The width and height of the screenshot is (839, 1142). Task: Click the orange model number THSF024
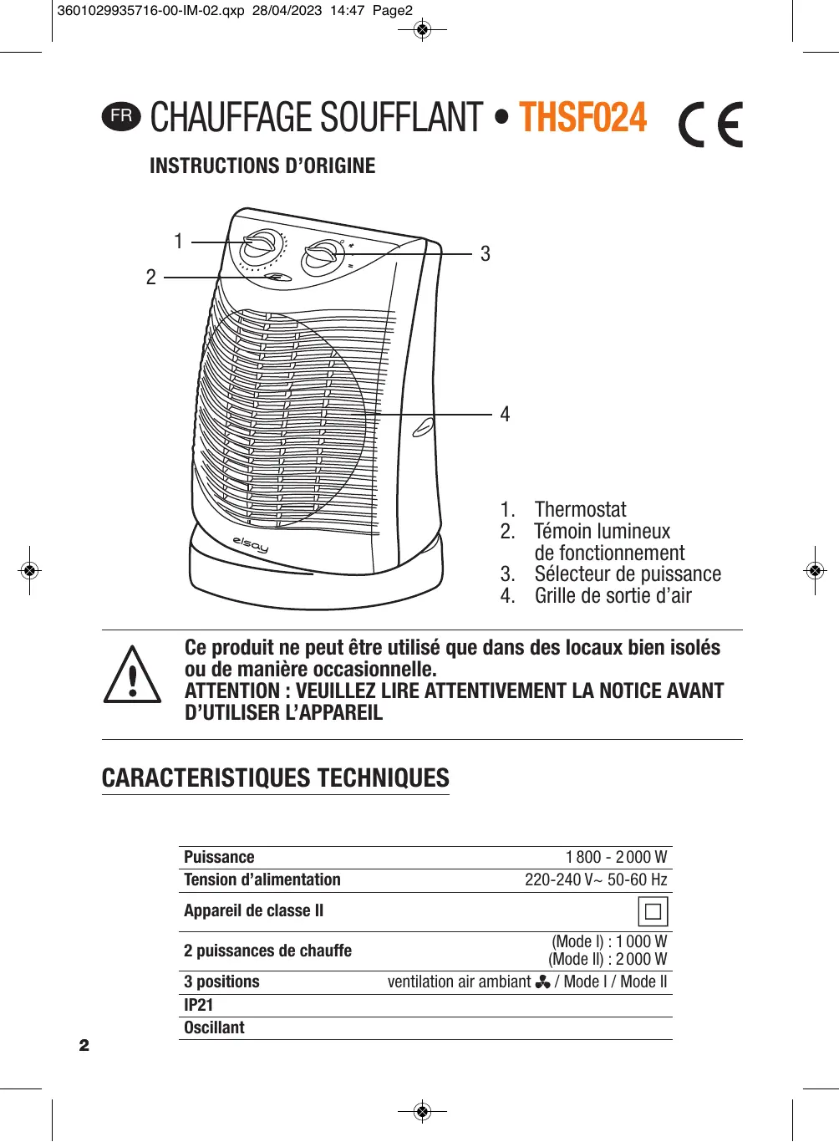pyautogui.click(x=582, y=118)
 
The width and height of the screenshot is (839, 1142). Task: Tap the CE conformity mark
pyautogui.click(x=710, y=125)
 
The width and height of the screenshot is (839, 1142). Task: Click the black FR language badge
pyautogui.click(x=122, y=116)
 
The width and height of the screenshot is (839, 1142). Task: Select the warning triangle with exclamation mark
pyautogui.click(x=132, y=676)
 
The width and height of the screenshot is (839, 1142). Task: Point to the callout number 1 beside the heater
pyautogui.click(x=178, y=242)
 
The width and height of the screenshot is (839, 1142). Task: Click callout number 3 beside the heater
pyautogui.click(x=486, y=254)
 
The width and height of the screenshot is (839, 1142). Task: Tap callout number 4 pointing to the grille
pyautogui.click(x=505, y=415)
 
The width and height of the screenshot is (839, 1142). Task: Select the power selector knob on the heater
pyautogui.click(x=321, y=256)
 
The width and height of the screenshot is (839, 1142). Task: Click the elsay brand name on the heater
pyautogui.click(x=251, y=544)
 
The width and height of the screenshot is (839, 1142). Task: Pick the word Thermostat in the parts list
pyautogui.click(x=580, y=510)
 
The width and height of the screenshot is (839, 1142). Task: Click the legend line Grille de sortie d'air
pyautogui.click(x=613, y=596)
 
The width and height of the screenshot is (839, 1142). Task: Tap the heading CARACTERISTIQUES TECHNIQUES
pyautogui.click(x=276, y=778)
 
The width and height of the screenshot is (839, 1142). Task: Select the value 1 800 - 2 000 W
pyautogui.click(x=616, y=857)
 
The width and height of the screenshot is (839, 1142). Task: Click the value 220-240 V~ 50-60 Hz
pyautogui.click(x=596, y=879)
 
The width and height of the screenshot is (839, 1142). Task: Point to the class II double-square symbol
pyautogui.click(x=653, y=911)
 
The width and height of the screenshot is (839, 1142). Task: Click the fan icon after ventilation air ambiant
pyautogui.click(x=542, y=981)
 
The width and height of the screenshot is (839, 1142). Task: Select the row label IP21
pyautogui.click(x=199, y=1005)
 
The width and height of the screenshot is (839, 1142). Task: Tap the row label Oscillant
pyautogui.click(x=215, y=1027)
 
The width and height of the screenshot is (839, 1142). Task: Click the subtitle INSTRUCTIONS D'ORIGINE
pyautogui.click(x=262, y=166)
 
